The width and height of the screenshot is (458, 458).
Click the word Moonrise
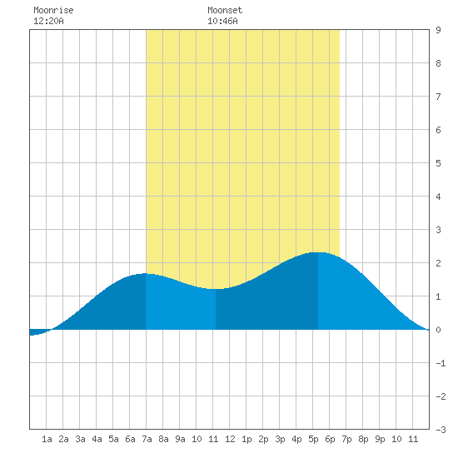(x=53, y=10)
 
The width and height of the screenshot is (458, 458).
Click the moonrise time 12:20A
(x=48, y=21)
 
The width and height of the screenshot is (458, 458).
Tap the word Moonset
(x=225, y=10)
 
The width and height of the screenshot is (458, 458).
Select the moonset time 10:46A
(x=222, y=21)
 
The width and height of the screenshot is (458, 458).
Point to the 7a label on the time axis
(x=147, y=439)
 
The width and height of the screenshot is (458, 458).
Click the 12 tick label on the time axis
(x=230, y=439)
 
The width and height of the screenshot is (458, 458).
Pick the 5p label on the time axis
(x=313, y=439)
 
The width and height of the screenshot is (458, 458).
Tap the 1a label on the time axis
(x=47, y=439)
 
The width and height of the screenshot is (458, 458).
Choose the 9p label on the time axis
(x=380, y=439)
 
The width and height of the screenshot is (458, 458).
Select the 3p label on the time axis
(x=280, y=439)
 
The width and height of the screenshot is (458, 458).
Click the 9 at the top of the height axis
(x=438, y=30)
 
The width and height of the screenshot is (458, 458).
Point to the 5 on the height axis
(x=438, y=163)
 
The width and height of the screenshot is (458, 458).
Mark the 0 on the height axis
(x=438, y=330)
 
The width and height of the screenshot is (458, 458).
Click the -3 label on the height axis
(x=441, y=430)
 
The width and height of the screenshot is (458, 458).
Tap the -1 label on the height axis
(x=441, y=363)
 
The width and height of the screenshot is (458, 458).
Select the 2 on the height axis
(x=438, y=263)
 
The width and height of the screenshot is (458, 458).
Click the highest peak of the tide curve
(x=318, y=252)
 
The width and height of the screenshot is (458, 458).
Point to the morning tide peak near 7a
(x=145, y=274)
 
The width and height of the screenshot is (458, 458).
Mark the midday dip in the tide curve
(x=216, y=289)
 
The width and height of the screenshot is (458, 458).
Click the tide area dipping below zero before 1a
(x=37, y=332)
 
